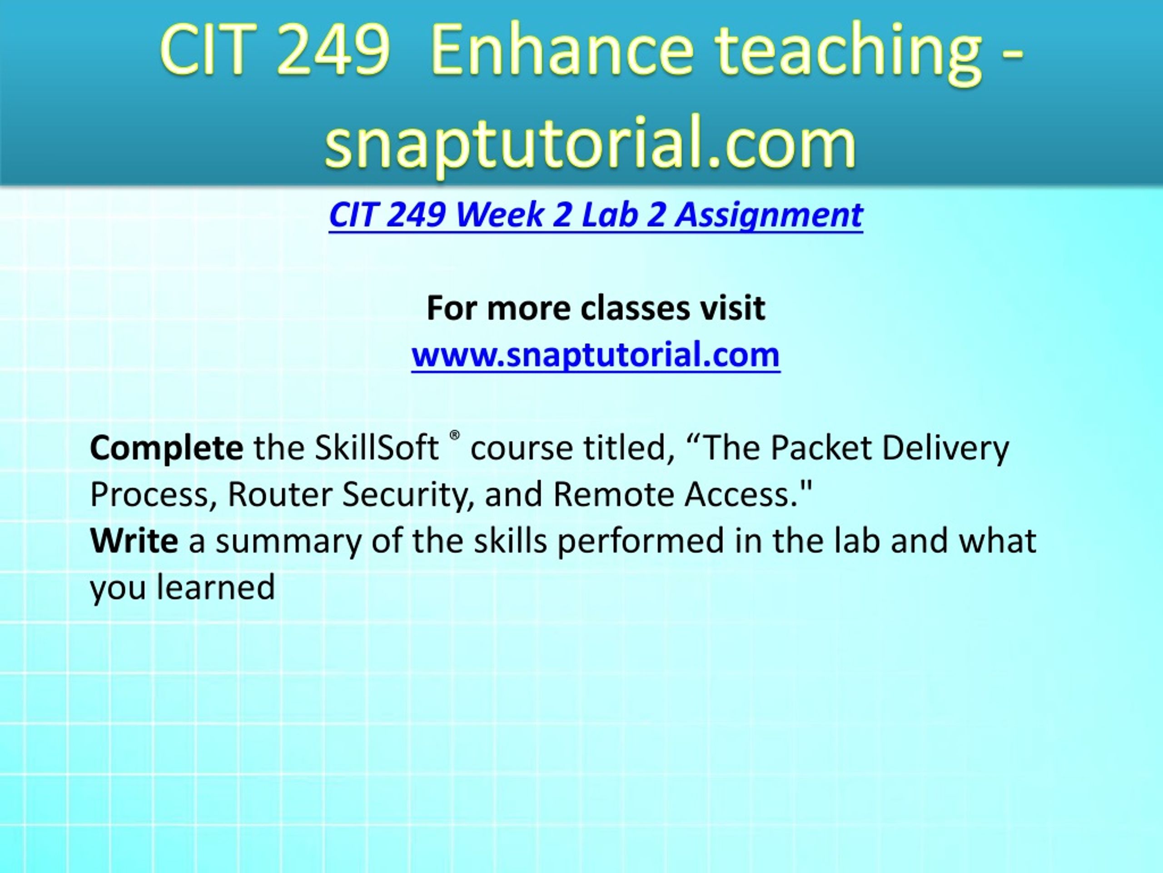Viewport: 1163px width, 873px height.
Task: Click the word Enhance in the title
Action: [562, 51]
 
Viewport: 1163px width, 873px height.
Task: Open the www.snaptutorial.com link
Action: [596, 355]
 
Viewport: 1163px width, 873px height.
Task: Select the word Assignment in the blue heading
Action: [769, 216]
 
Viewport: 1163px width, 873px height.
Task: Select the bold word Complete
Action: [167, 449]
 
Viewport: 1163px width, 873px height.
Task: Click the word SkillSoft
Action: [377, 448]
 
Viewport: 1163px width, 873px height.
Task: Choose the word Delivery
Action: [946, 449]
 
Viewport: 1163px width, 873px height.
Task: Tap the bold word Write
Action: [134, 541]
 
